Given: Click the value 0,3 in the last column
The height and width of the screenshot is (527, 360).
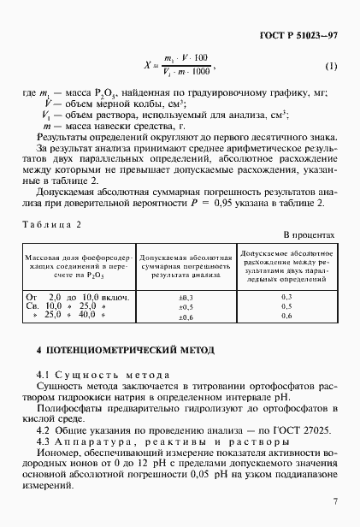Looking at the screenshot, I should tap(286, 296).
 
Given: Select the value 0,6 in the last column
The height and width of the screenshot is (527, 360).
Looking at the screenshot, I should tap(286, 316).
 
